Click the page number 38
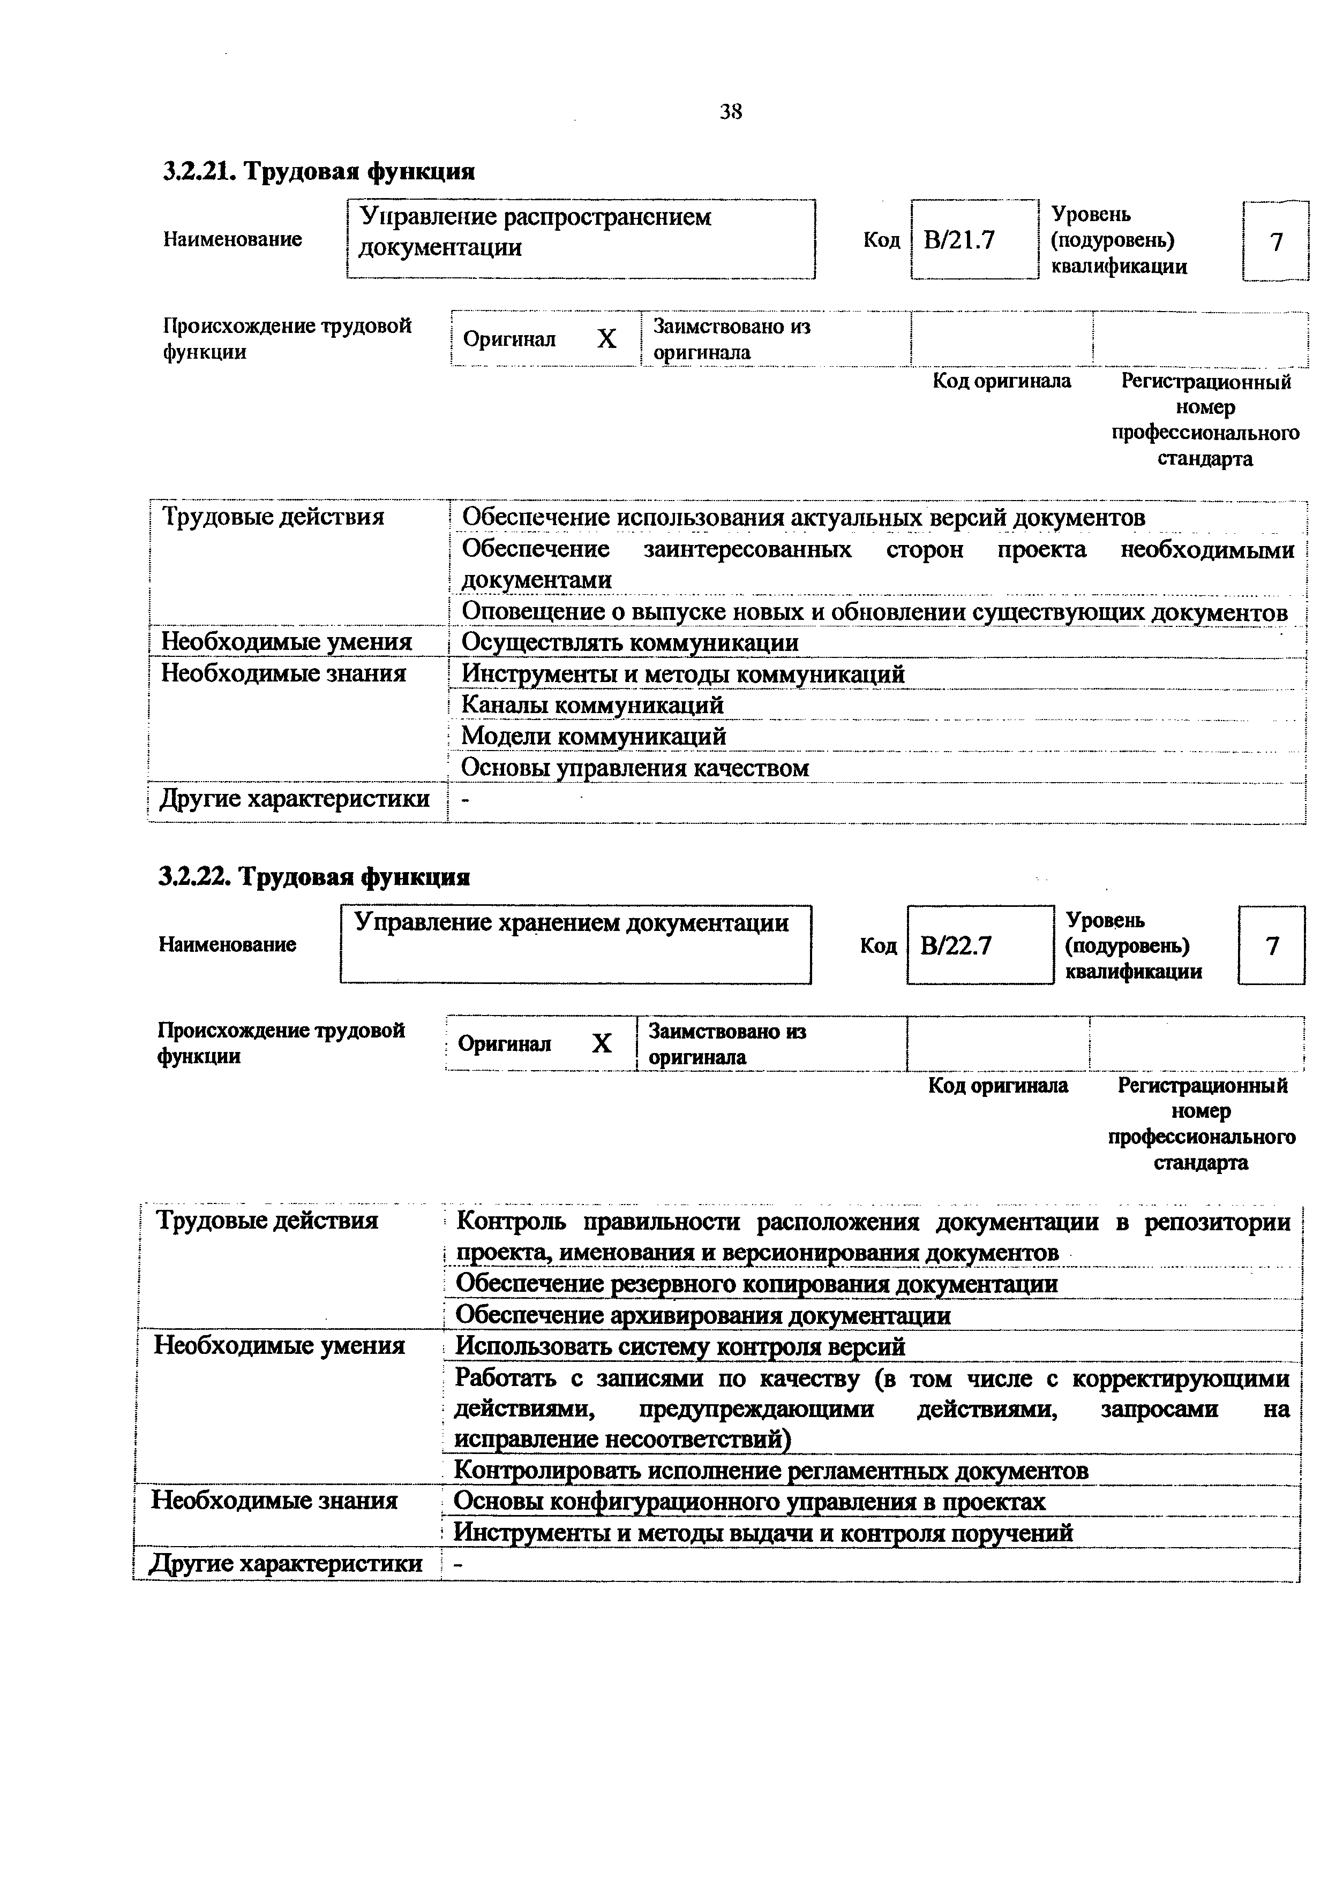(x=731, y=112)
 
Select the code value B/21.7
(x=958, y=240)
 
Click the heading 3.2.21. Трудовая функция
(x=319, y=172)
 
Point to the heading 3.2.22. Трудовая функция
(x=314, y=877)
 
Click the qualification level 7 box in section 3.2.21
(x=1276, y=241)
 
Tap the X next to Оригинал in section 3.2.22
(x=602, y=1044)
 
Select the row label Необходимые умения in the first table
(x=287, y=643)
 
